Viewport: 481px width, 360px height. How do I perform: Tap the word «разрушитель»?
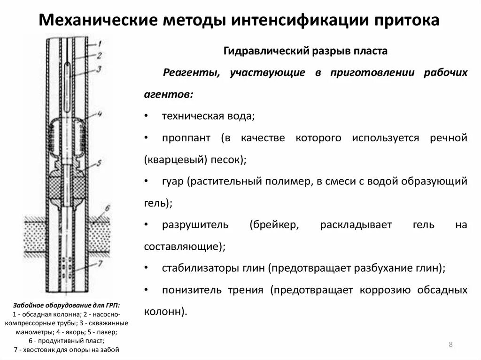click(195, 224)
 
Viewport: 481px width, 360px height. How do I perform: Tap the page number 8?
click(450, 345)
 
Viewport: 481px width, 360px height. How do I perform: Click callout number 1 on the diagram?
click(99, 43)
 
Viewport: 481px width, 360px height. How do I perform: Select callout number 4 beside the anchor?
click(100, 114)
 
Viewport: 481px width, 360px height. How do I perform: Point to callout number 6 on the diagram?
click(108, 207)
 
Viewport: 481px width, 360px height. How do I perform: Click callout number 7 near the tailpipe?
click(100, 263)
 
